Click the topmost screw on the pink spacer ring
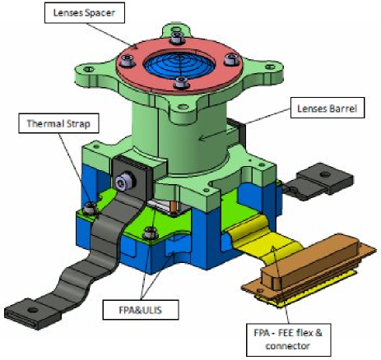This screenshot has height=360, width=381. (176, 35)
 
